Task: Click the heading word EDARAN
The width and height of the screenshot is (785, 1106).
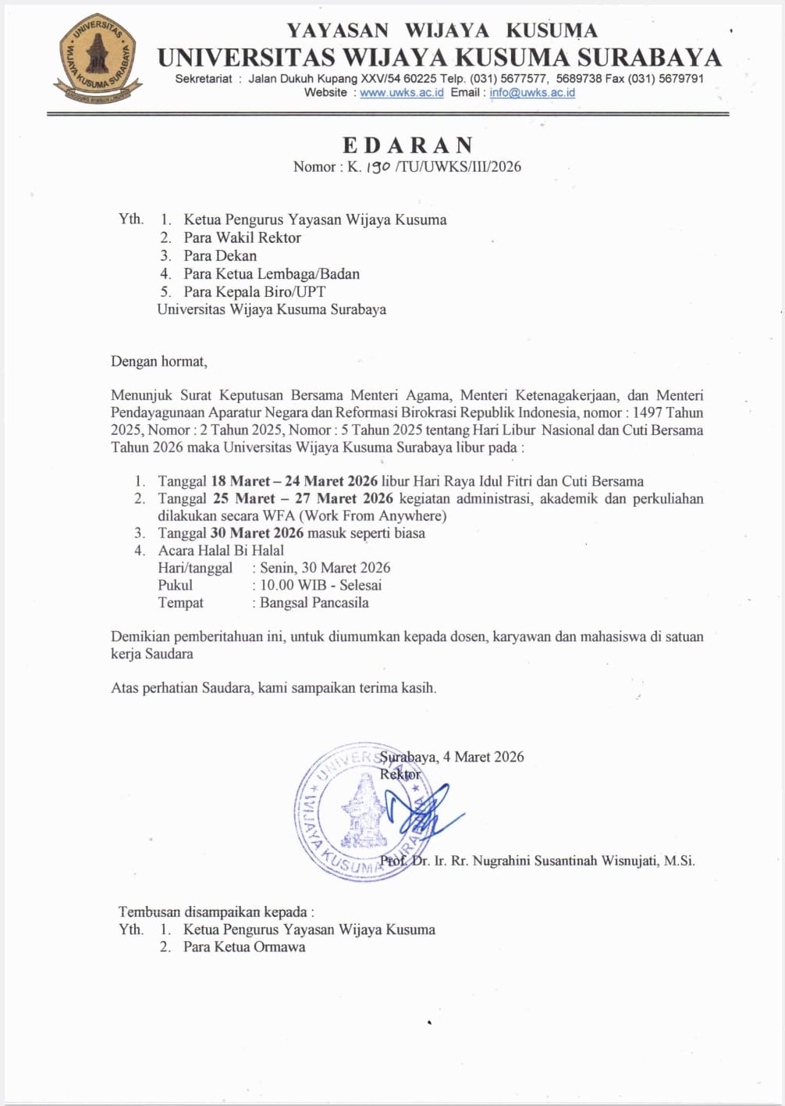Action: (x=408, y=145)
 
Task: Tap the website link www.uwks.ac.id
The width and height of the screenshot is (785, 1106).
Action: (x=401, y=93)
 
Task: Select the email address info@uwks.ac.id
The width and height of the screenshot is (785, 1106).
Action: (x=532, y=93)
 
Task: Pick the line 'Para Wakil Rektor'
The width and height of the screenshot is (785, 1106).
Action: (x=242, y=237)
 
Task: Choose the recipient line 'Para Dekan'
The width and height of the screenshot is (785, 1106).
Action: (x=220, y=255)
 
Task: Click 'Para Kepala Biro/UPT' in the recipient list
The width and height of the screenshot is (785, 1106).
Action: (x=254, y=291)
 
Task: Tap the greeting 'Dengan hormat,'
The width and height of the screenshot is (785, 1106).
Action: (x=159, y=362)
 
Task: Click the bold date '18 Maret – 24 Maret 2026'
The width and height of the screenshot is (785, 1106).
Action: (x=294, y=481)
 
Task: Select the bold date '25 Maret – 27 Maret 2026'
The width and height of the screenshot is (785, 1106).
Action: (x=303, y=498)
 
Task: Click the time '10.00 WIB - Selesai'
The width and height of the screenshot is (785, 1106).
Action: (x=321, y=585)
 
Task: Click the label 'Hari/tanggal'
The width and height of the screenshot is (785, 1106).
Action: (x=195, y=568)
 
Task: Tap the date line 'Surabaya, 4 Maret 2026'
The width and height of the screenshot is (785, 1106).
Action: (x=452, y=757)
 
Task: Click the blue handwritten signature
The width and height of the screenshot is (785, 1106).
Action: (x=422, y=812)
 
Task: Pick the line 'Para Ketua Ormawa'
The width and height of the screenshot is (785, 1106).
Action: (x=244, y=947)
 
